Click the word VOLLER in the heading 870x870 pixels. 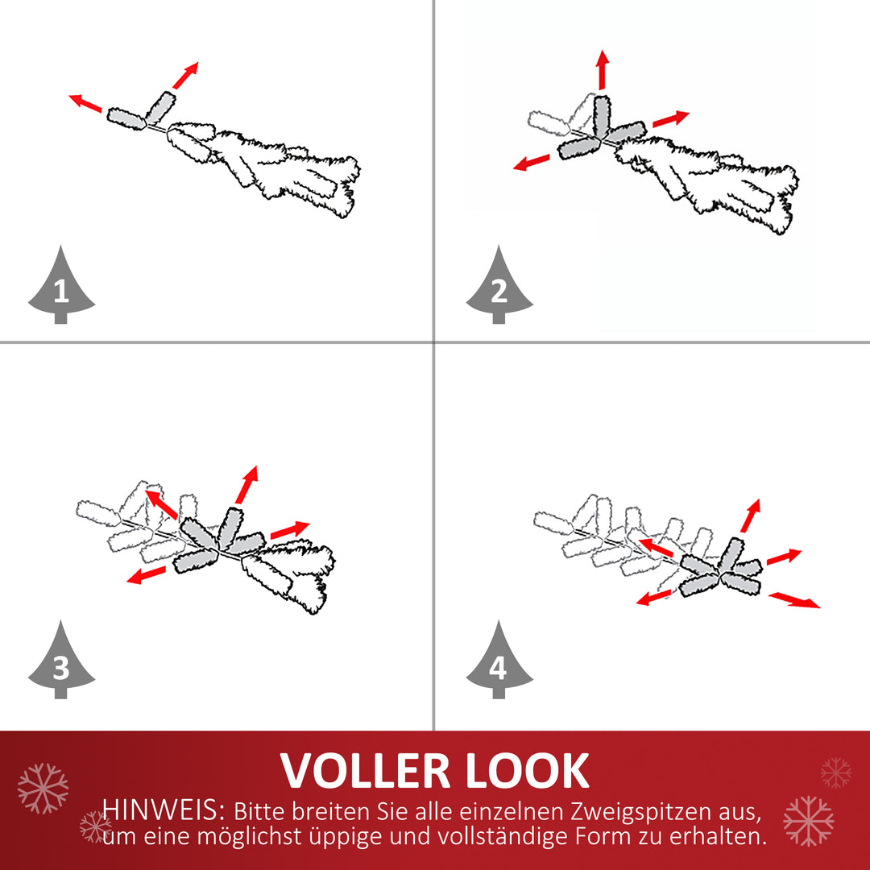[365, 771]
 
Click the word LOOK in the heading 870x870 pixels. [527, 771]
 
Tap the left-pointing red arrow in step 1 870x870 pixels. [85, 103]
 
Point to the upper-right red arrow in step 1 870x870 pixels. [185, 76]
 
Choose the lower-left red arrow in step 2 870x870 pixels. [531, 163]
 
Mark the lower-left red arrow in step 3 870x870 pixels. [147, 575]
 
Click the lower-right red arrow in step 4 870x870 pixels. [794, 600]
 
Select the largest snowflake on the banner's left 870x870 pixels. [43, 789]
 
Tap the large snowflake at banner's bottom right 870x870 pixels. [809, 821]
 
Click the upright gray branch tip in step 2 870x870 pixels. [602, 116]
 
